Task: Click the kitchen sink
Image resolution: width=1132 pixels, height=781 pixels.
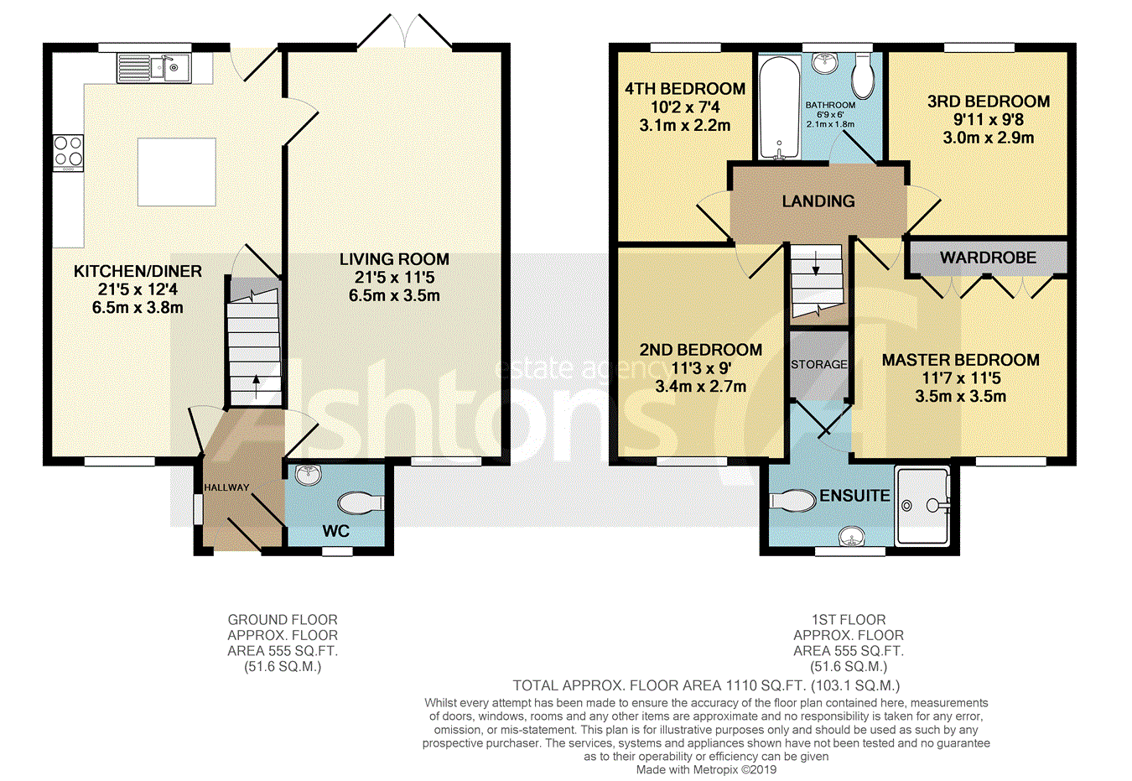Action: coord(153,68)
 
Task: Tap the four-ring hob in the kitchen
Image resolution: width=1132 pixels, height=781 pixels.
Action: coord(68,151)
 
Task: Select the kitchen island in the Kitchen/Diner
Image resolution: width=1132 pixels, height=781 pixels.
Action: coord(176,172)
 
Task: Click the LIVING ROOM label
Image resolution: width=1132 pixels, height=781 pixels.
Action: coord(394,259)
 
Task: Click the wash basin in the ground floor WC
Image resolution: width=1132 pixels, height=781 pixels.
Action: coord(309,475)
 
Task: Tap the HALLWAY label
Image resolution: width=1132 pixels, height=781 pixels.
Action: coord(226,487)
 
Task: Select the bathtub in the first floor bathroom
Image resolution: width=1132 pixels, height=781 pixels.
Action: coord(779,107)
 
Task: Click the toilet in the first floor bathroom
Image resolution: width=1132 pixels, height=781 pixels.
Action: coord(863,75)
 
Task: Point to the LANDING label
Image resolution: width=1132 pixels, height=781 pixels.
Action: coord(818,201)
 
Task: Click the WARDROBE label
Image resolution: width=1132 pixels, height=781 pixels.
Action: coord(988,258)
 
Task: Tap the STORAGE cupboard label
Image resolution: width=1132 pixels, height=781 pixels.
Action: coord(818,364)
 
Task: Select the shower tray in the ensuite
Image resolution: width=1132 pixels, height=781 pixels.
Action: coord(922,506)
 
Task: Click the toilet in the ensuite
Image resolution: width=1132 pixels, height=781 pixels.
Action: coord(792,501)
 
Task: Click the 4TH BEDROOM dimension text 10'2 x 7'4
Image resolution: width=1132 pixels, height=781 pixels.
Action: coord(685,107)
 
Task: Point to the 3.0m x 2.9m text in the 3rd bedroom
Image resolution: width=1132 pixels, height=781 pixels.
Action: coord(988,138)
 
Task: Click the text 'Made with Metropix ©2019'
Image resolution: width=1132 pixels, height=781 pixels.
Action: coord(706,770)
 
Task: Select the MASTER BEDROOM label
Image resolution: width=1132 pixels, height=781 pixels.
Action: coord(961,360)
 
